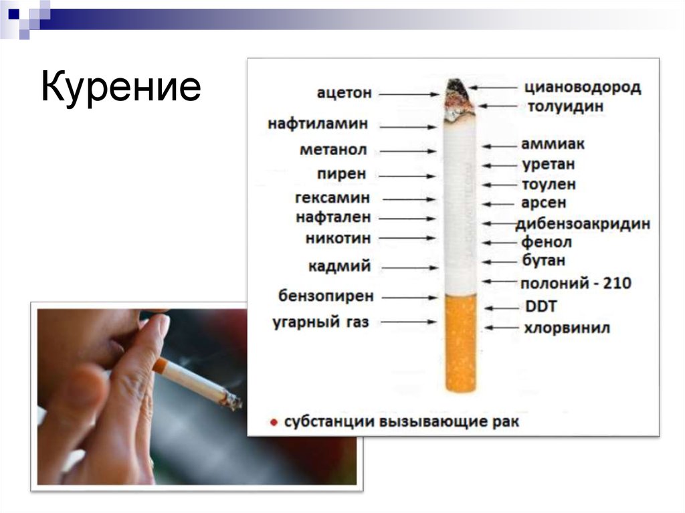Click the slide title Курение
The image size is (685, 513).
(120, 88)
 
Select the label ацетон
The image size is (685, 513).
(345, 93)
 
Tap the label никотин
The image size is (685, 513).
(338, 238)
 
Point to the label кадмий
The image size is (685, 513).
(339, 266)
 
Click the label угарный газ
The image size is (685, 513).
(320, 322)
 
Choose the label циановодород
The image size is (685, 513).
(583, 87)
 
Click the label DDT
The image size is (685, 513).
(541, 307)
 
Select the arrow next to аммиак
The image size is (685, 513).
(497, 145)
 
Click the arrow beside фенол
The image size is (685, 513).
(497, 243)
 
